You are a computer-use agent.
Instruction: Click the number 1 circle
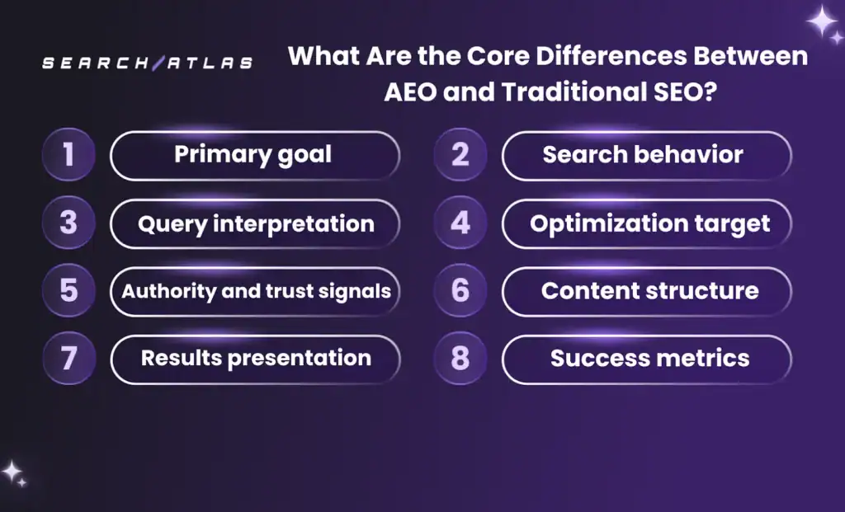68,155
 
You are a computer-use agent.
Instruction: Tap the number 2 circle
460,155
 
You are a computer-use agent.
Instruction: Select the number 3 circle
68,223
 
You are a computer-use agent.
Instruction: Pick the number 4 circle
460,223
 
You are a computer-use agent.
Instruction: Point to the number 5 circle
68,291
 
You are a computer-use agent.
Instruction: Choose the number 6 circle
460,291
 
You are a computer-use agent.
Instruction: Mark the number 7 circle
68,359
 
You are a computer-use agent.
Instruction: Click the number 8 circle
460,359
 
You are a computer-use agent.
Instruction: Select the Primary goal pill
254,155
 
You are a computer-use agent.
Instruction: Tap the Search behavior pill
646,155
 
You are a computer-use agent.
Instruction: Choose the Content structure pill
646,291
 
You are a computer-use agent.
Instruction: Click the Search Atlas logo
148,63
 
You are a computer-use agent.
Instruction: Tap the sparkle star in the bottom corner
12,472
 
